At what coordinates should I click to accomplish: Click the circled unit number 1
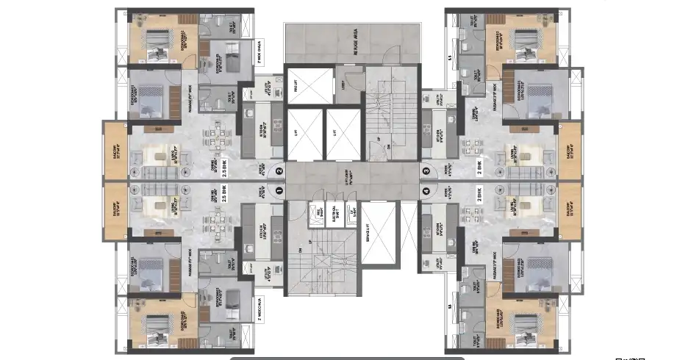tap(278, 190)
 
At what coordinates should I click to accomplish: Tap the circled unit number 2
tap(278, 171)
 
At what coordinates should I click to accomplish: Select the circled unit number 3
tap(426, 171)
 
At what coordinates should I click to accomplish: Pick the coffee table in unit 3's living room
tap(526, 156)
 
